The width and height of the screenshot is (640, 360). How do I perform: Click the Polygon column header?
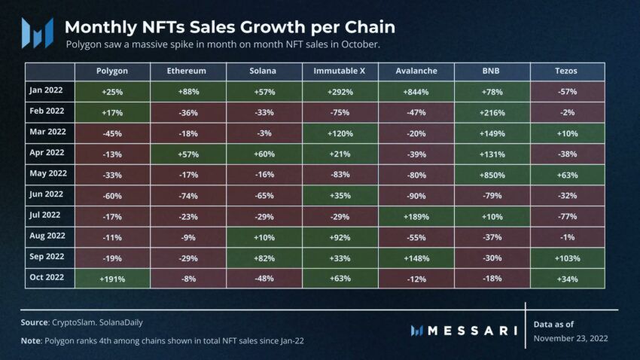pos(112,71)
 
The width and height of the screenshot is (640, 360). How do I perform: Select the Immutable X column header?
pos(340,71)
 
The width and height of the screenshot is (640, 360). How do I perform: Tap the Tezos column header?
pos(567,71)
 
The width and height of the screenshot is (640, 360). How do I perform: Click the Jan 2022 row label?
pos(46,90)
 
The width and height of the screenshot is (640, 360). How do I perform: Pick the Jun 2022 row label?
pos(46,195)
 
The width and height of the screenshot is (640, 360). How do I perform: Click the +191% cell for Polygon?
pos(112,279)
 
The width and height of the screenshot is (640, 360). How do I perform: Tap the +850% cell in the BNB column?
pos(492,175)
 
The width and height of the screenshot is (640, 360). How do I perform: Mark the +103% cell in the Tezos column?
pos(567,258)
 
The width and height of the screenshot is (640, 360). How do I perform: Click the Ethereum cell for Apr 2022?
pos(188,154)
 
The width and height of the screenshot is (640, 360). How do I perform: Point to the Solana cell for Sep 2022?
pos(264,258)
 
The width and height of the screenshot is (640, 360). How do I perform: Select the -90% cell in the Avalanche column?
pos(416,195)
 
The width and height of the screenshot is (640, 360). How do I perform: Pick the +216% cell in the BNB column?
pos(492,111)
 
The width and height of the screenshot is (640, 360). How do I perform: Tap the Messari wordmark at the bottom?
pos(473,330)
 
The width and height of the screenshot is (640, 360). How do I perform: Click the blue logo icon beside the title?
pos(37,33)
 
